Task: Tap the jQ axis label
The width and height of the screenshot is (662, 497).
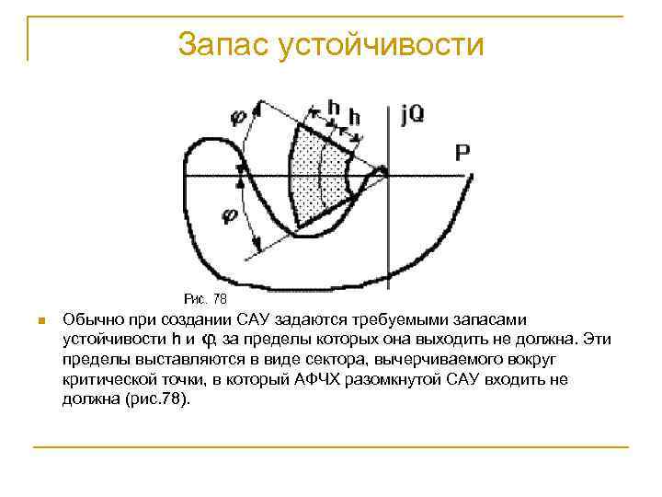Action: [x=411, y=117]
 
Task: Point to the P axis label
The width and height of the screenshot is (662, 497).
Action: [x=462, y=153]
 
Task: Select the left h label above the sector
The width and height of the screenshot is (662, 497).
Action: [x=333, y=108]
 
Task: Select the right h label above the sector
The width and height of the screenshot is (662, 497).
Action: [x=354, y=117]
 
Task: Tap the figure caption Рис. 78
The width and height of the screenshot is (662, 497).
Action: [x=205, y=299]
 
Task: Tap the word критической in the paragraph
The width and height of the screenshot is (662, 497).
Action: [x=108, y=378]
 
